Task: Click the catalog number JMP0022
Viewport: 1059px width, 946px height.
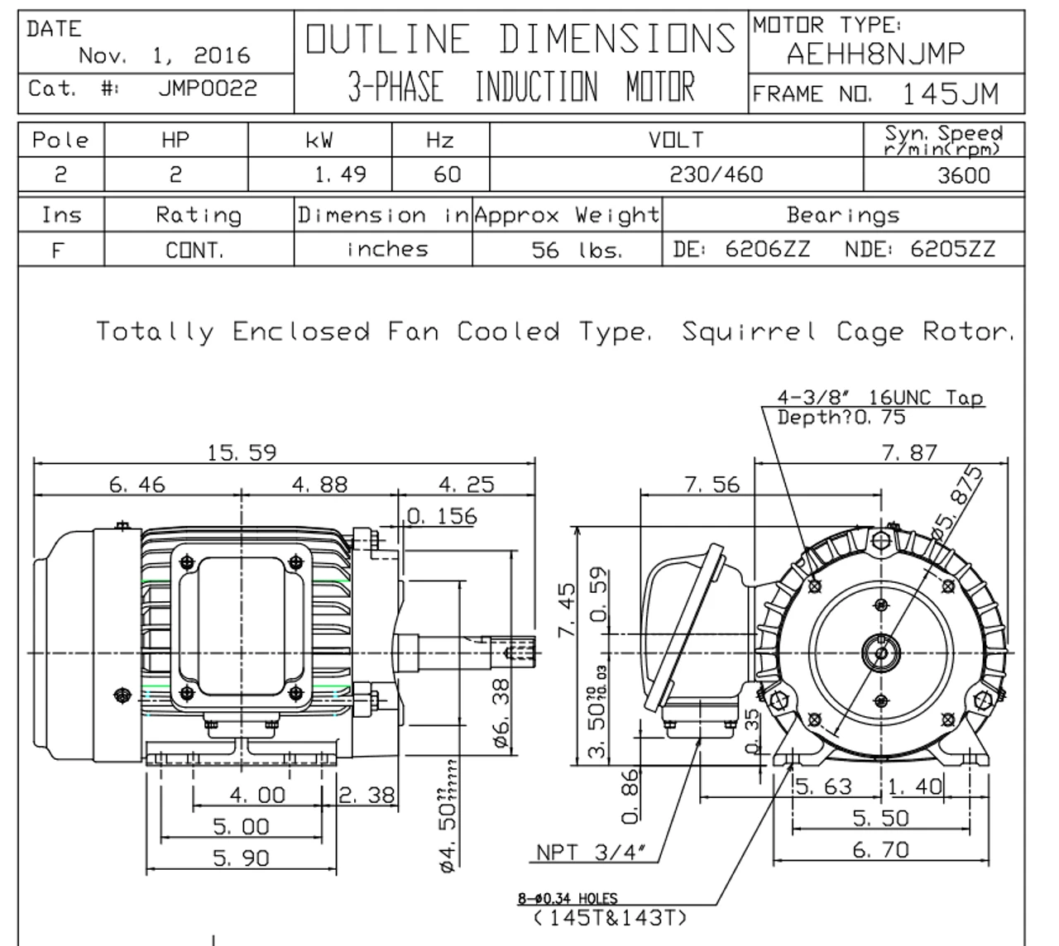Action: click(208, 88)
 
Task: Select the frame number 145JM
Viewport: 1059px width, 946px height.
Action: click(949, 94)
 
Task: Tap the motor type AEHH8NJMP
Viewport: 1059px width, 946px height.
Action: click(875, 55)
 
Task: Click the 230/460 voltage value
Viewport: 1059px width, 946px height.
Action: click(716, 174)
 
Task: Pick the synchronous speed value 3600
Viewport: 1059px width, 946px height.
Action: click(964, 175)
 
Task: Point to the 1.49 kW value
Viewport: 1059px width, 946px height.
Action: click(340, 174)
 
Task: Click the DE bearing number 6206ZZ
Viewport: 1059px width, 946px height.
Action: click(767, 249)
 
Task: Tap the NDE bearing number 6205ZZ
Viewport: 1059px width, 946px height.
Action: click(952, 249)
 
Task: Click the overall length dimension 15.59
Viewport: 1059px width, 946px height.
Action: click(242, 452)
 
